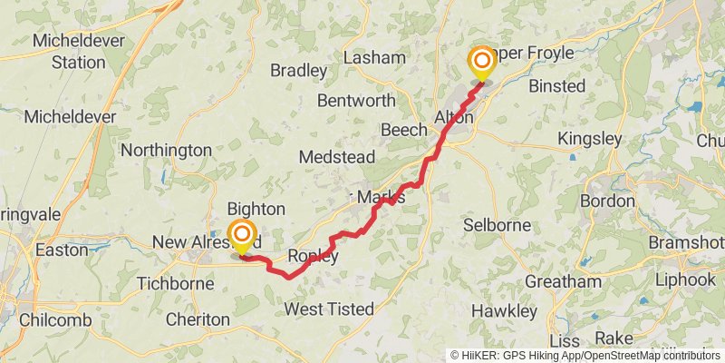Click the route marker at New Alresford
point(242,237)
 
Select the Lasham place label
point(375,57)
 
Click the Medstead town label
point(336,157)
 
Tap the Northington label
point(166,150)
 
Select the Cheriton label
point(198,319)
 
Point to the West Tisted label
point(329,309)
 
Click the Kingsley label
point(590,139)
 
